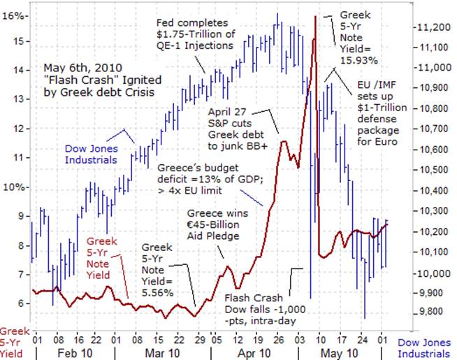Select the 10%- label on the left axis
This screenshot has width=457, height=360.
click(x=15, y=187)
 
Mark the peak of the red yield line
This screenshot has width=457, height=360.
click(x=316, y=16)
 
